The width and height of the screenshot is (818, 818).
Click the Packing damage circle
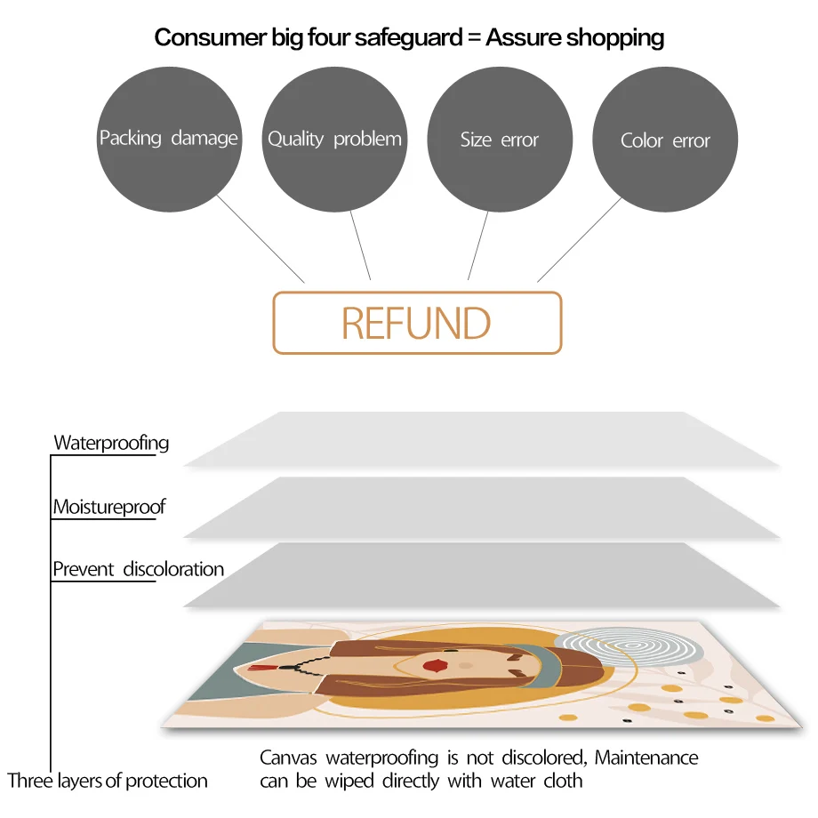(x=168, y=140)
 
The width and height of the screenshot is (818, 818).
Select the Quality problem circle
(x=334, y=140)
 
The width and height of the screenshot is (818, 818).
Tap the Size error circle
(x=500, y=140)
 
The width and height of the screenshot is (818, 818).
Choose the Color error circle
(x=665, y=140)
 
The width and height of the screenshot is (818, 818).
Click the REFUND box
(x=416, y=323)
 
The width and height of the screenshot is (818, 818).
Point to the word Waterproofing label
(x=111, y=443)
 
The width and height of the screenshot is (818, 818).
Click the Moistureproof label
(x=109, y=508)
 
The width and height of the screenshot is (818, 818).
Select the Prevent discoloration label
(x=138, y=569)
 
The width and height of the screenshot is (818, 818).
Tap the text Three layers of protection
(x=108, y=782)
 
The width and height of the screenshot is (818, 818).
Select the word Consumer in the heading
(x=200, y=37)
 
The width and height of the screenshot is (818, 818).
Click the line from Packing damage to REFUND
(x=260, y=237)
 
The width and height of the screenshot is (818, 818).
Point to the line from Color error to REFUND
(x=580, y=238)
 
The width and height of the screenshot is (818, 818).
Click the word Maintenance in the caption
(x=646, y=758)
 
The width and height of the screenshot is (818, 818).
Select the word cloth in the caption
(x=563, y=782)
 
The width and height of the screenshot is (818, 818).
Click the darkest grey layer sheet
(x=480, y=576)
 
